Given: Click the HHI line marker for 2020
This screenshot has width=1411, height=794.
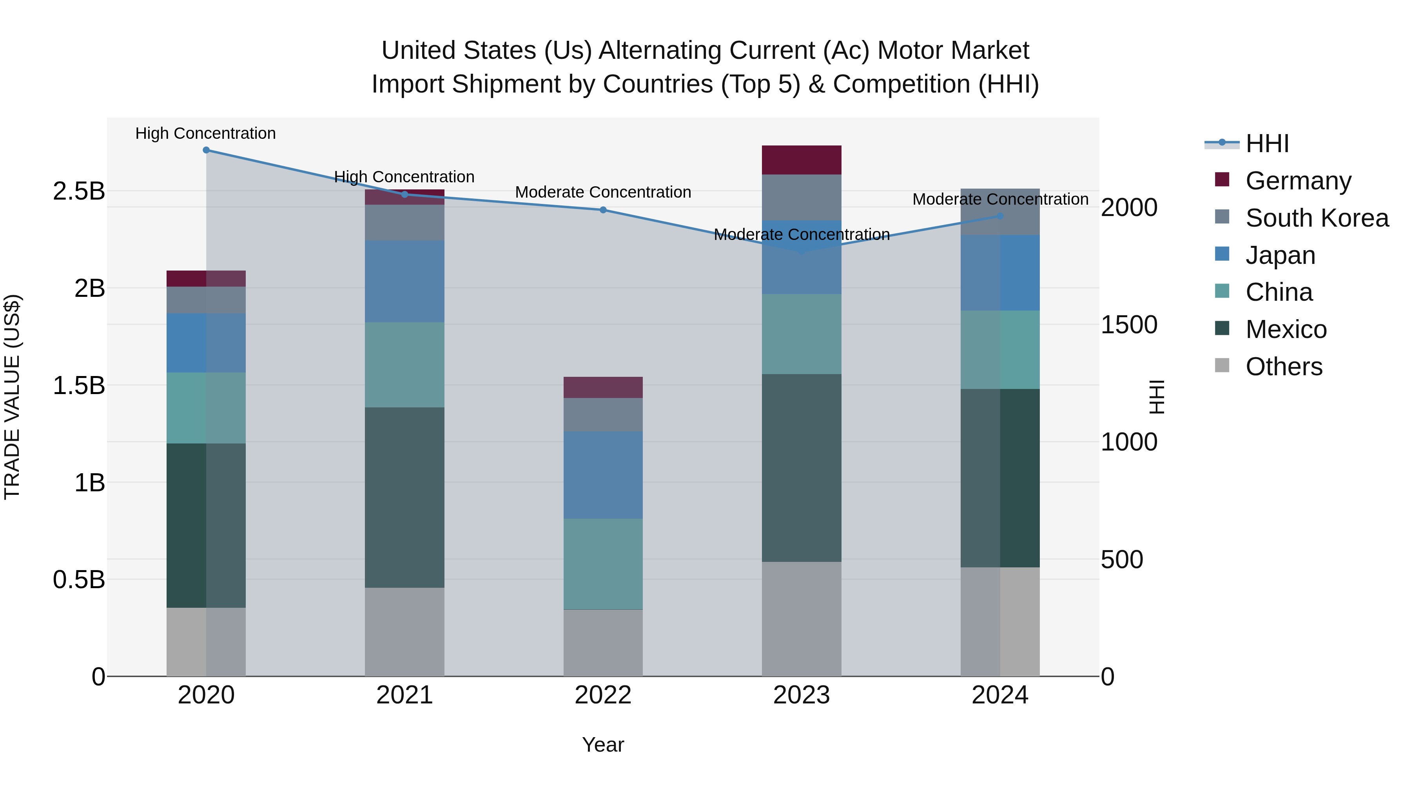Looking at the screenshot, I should pos(206,150).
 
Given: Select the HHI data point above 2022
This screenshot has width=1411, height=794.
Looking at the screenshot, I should pos(603,210).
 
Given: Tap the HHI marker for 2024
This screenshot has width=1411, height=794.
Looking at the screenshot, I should pos(1000,216).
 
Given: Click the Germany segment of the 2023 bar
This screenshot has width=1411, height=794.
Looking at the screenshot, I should pos(802,160).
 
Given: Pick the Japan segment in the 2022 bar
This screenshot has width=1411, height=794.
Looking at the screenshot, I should pos(603,474).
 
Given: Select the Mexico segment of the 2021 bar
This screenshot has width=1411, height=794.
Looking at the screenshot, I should pos(404,498).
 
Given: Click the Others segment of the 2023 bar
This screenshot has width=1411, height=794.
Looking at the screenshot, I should pos(802,619).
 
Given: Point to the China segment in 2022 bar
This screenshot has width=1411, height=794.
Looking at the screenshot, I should pos(603,563).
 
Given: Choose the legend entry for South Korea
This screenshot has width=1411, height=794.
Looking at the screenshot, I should pos(1317,218).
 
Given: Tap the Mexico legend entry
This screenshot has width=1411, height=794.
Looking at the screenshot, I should pos(1286,329).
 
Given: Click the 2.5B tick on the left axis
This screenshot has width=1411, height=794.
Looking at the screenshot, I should pos(78,191).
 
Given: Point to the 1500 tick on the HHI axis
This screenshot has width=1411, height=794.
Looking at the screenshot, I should pos(1129,325).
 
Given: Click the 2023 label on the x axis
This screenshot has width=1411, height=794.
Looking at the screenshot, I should pos(802,695).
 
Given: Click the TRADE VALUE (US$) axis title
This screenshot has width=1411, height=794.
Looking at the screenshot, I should pos(12,397).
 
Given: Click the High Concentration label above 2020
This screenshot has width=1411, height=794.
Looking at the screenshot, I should pos(205,134).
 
